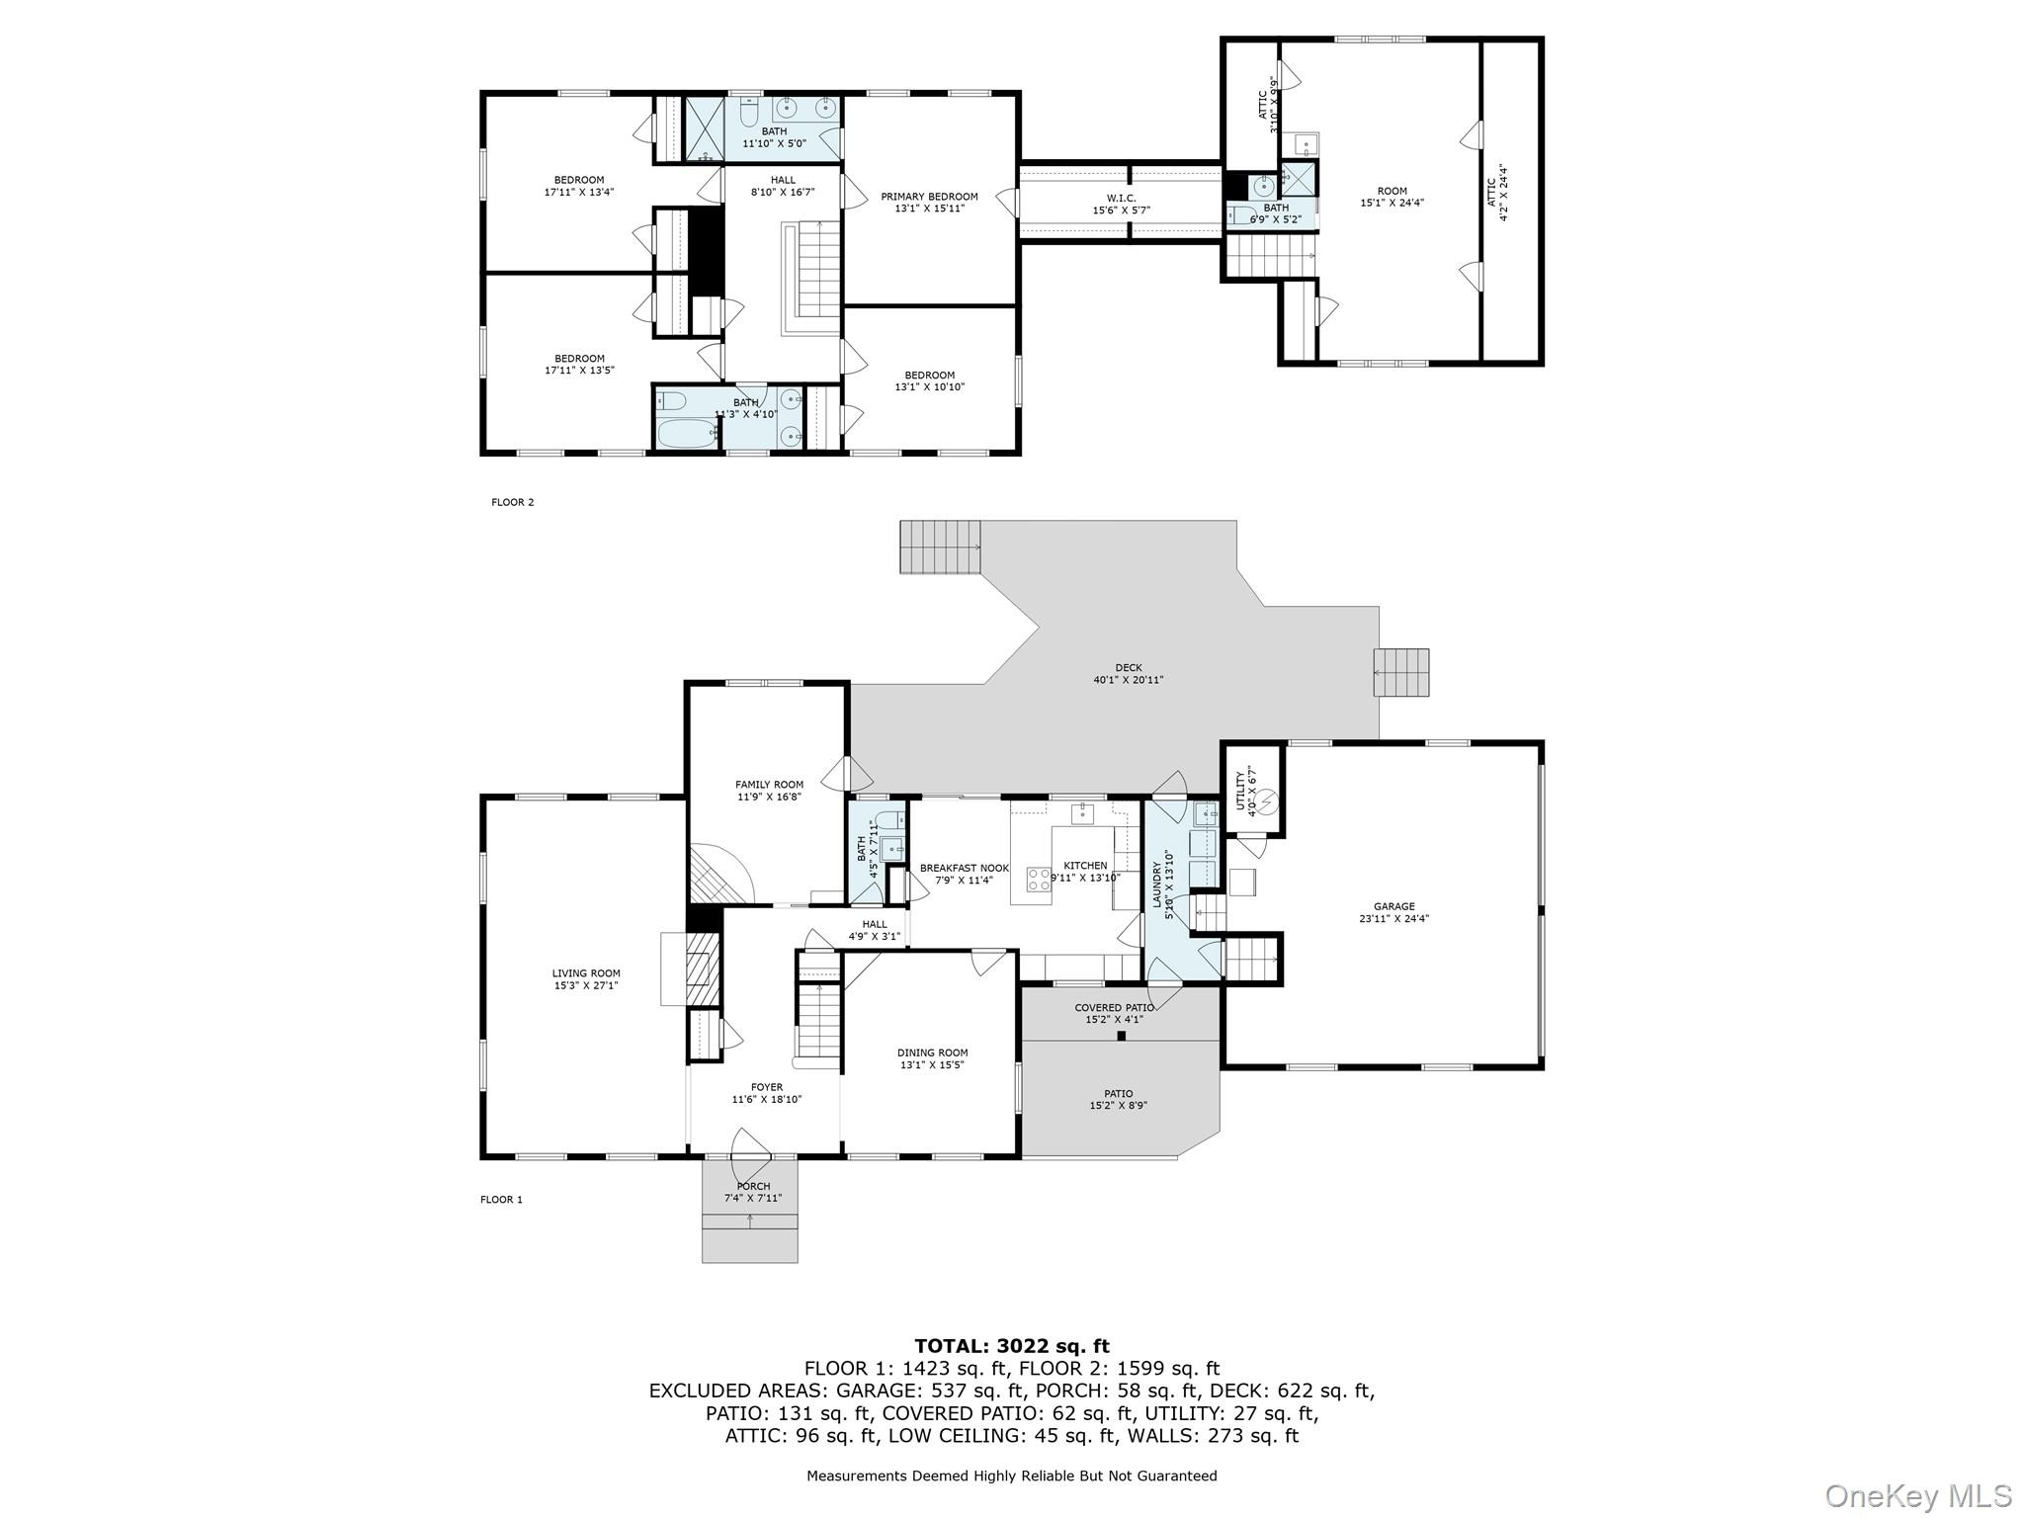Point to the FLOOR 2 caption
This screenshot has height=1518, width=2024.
512,502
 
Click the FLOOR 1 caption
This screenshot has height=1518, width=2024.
501,1200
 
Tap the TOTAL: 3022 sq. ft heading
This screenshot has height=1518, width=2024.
1012,1345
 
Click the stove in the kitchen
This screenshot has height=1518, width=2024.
1038,880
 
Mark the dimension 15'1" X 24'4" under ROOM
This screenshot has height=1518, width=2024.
1391,203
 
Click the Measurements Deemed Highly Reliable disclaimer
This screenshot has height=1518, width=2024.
1012,1476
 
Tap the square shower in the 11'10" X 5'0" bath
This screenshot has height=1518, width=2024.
706,129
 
